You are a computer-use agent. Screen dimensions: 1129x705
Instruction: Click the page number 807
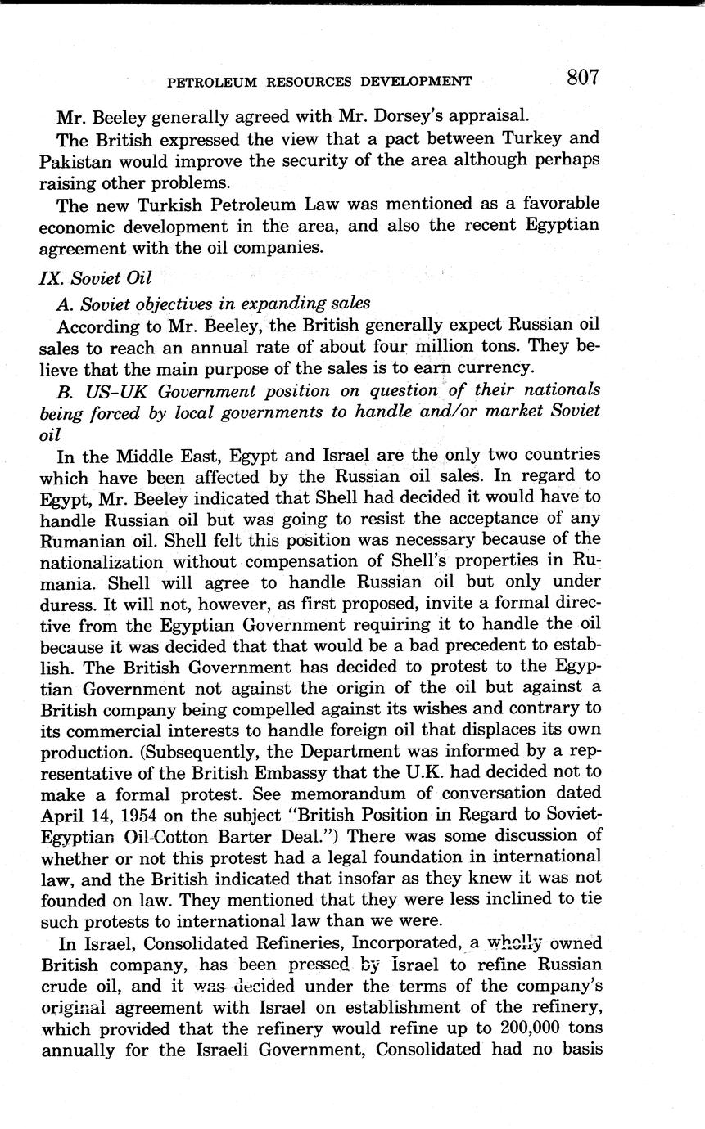[x=582, y=78]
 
